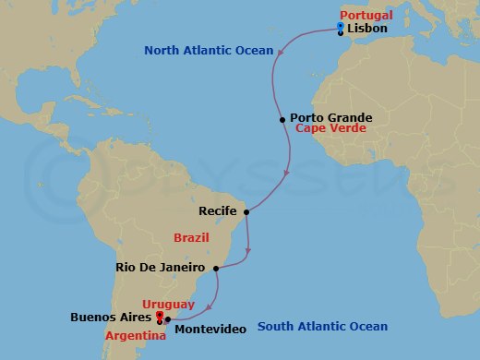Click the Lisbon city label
367,30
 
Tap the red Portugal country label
367,16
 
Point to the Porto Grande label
330,118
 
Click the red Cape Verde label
331,130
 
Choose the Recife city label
222,211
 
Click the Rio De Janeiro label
161,268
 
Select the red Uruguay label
166,304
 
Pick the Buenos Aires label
112,318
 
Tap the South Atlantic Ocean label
322,326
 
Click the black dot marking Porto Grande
282,119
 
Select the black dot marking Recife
246,211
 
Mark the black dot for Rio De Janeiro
215,269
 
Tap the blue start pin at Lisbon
341,27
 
